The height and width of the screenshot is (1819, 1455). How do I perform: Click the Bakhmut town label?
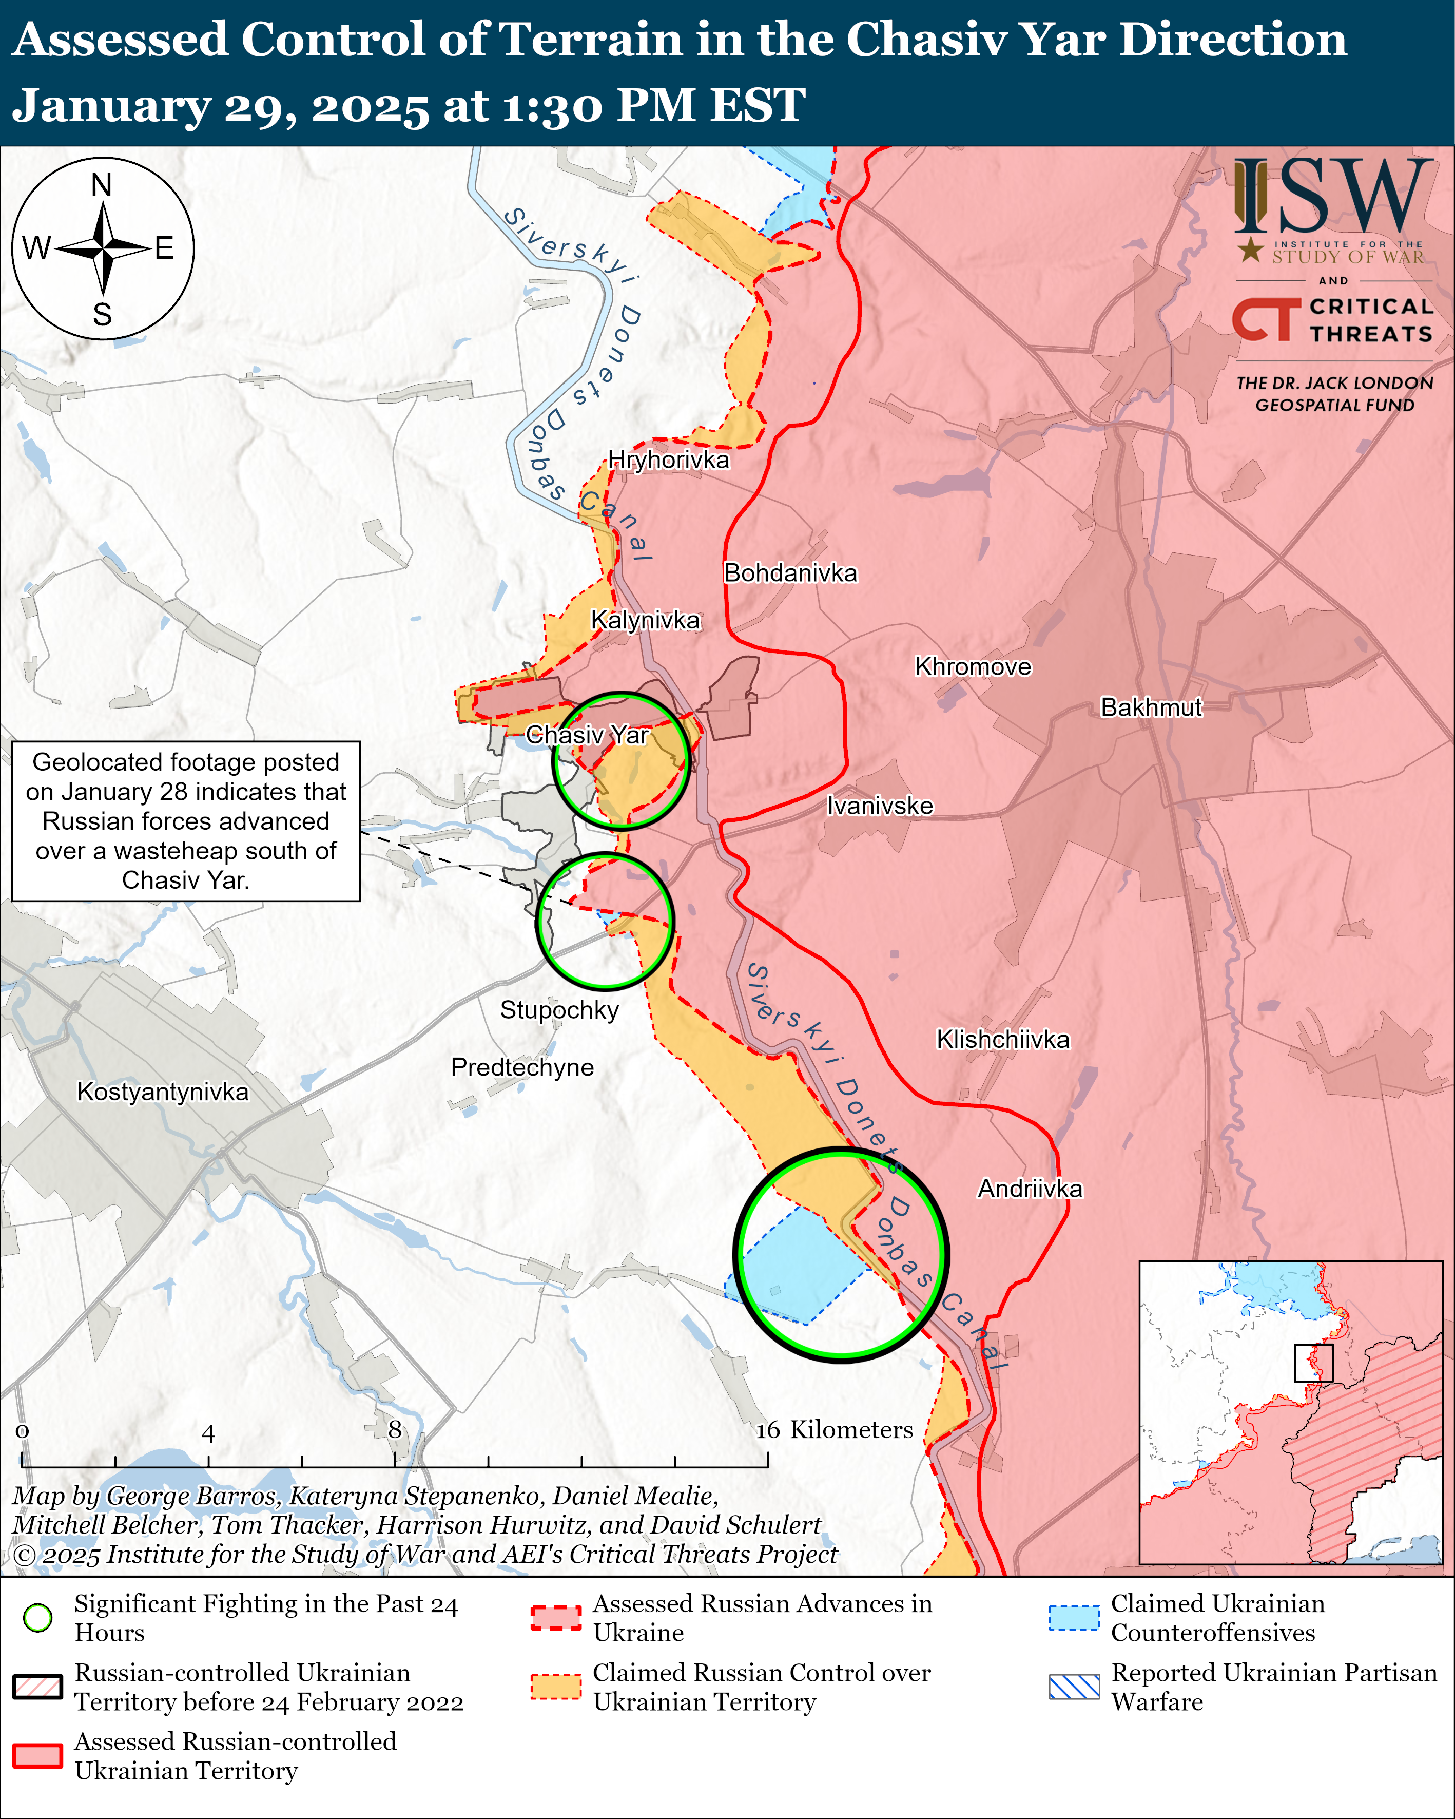[1151, 707]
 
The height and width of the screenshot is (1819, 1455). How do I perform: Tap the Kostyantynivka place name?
[163, 1092]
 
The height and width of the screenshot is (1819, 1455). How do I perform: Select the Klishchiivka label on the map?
[1003, 1040]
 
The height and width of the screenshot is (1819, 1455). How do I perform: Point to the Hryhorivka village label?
[668, 460]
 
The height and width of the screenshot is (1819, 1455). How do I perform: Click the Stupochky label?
[559, 1010]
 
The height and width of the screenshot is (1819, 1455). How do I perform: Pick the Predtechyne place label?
[522, 1067]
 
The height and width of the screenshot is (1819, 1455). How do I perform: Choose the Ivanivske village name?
[880, 806]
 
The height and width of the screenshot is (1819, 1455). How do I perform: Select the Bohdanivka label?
[790, 573]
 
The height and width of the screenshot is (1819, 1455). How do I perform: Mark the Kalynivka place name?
[645, 620]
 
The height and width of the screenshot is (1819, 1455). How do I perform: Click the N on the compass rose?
[102, 185]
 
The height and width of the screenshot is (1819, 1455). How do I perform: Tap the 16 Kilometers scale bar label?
[833, 1430]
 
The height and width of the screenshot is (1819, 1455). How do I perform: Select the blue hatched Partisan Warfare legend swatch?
[1074, 1687]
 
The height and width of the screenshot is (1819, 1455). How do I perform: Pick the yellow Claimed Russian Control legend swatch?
[556, 1687]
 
